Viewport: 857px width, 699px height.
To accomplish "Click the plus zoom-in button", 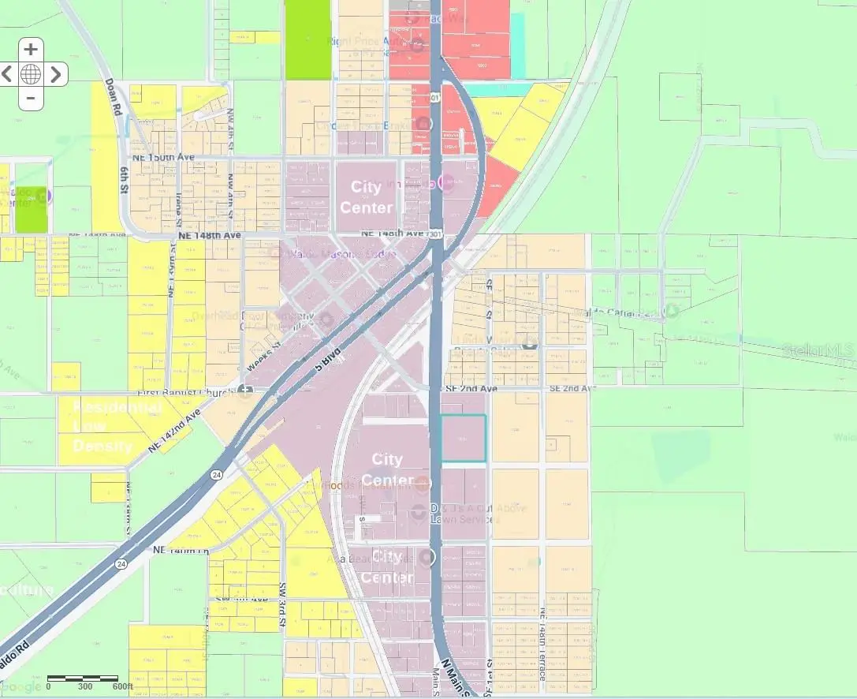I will [31, 50].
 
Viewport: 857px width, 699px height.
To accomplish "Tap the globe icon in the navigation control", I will [31, 74].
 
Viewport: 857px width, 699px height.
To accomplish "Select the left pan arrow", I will [8, 74].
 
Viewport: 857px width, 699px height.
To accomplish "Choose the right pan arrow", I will [55, 74].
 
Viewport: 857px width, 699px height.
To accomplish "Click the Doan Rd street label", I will [110, 98].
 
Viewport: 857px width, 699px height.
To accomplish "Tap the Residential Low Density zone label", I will [117, 427].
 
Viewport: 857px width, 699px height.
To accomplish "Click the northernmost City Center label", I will [366, 197].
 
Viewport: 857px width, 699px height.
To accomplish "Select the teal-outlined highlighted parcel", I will [463, 438].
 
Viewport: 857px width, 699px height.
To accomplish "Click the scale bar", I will [83, 678].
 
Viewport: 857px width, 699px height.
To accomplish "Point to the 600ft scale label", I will [123, 686].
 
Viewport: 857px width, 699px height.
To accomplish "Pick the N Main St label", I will [456, 678].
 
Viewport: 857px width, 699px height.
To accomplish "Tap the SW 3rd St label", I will [282, 605].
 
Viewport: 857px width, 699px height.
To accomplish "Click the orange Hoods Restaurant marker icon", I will [423, 484].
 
